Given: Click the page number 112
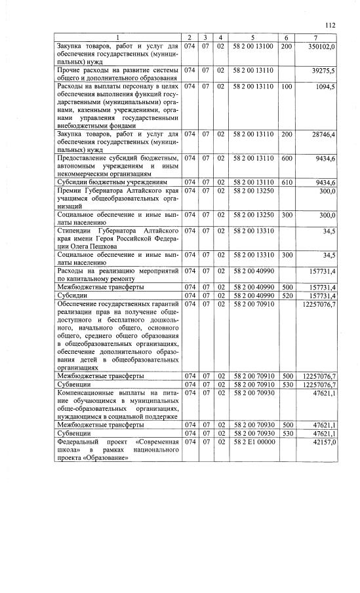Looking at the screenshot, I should [330, 26].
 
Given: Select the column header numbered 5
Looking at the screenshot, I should [252, 37].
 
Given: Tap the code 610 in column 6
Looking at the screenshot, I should [287, 182].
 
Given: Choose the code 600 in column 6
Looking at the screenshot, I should [287, 157].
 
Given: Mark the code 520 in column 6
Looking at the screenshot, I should [287, 296].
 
